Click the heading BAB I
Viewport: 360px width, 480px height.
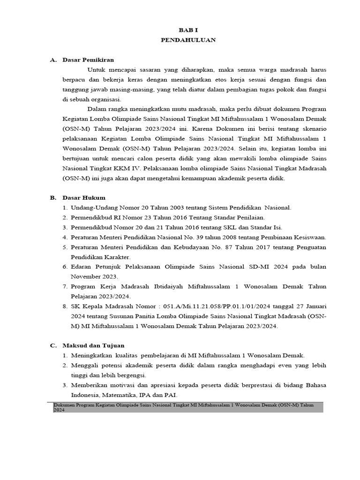pyautogui.click(x=188, y=30)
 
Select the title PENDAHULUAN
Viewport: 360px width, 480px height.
pyautogui.click(x=188, y=40)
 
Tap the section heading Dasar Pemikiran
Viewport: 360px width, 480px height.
pyautogui.click(x=88, y=60)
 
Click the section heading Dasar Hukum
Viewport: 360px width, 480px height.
pyautogui.click(x=84, y=197)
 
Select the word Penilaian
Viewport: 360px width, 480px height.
pyautogui.click(x=250, y=217)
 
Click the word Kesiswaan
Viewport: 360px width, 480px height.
pyautogui.click(x=309, y=237)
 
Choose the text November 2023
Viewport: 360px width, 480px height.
pyautogui.click(x=91, y=277)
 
